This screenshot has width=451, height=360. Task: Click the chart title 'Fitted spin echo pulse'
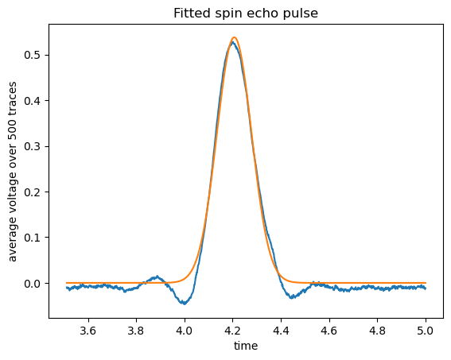(246, 14)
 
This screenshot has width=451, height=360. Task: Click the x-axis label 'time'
(246, 346)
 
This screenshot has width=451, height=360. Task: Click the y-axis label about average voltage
(13, 172)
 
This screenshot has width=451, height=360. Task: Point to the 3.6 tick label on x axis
(87, 331)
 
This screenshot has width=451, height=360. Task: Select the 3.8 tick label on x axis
(136, 331)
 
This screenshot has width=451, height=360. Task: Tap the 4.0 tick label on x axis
(185, 331)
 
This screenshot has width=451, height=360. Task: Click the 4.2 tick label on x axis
(232, 331)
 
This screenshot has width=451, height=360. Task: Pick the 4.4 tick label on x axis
(281, 331)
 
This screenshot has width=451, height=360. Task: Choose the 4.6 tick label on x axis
(329, 331)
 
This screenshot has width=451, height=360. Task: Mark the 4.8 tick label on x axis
(377, 331)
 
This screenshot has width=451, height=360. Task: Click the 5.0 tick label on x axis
(426, 331)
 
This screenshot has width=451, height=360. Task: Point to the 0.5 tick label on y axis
(32, 55)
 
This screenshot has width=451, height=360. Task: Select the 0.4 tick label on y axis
(32, 101)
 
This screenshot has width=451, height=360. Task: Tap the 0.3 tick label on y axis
(32, 146)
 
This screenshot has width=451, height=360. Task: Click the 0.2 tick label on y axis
(32, 192)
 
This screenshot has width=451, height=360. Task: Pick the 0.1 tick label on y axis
(32, 238)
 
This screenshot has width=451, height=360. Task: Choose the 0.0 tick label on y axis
(32, 284)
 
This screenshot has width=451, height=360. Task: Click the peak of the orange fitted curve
(234, 37)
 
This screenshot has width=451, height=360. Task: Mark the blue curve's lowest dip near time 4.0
(185, 304)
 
